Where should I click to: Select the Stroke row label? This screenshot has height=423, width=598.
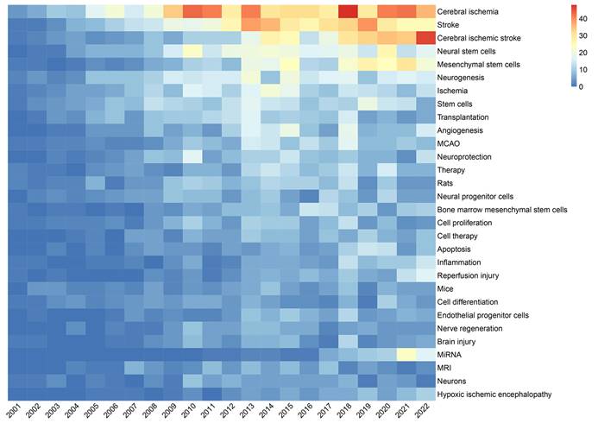click(x=451, y=26)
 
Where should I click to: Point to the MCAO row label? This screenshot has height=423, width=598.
click(x=451, y=144)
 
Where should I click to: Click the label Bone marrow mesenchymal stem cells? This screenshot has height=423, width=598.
click(x=502, y=210)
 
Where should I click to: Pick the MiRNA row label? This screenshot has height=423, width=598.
click(x=451, y=355)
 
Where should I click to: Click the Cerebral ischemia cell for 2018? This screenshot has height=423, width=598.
click(x=348, y=11)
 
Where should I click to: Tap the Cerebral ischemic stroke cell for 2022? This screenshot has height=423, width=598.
click(x=426, y=38)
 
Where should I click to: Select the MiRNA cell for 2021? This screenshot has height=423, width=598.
click(x=406, y=355)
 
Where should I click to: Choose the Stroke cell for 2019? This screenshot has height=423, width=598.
click(x=368, y=25)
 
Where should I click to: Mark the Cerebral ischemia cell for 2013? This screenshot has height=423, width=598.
click(x=250, y=11)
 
